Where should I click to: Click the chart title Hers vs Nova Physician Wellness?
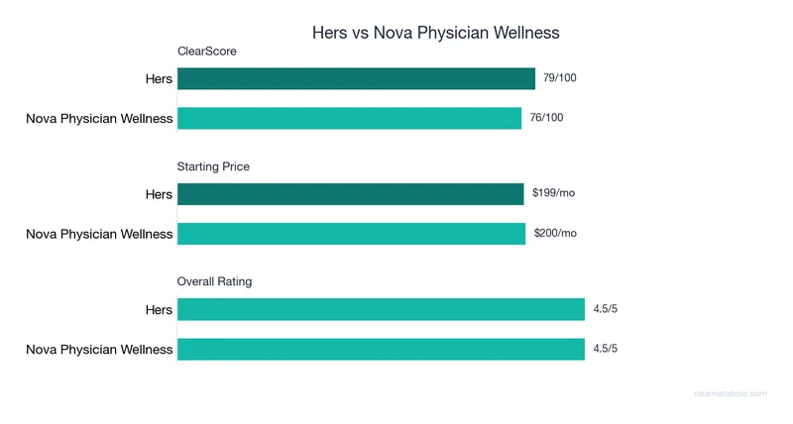coord(436,33)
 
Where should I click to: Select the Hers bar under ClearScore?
coord(357,79)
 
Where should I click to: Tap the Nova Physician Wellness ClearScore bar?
coord(349,119)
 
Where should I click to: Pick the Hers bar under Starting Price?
coord(350,194)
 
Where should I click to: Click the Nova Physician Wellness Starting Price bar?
coord(351,234)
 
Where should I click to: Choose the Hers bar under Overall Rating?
coord(381,310)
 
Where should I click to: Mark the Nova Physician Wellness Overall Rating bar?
coord(381,349)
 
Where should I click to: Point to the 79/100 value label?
coord(560,78)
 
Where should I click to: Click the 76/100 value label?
coord(547,118)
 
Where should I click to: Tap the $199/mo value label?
coord(553,193)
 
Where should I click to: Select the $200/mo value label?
coord(554,233)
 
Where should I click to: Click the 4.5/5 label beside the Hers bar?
coord(605,309)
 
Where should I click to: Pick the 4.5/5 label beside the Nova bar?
coord(605,349)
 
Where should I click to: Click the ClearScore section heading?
coord(206,51)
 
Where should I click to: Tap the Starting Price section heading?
coord(213,166)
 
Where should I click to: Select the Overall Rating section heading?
coord(214,281)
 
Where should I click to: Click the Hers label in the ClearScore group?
coord(159,79)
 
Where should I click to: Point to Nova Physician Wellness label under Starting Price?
coord(99,235)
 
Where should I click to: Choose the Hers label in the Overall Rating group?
coord(159,310)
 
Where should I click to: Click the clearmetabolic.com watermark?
coord(730,393)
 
